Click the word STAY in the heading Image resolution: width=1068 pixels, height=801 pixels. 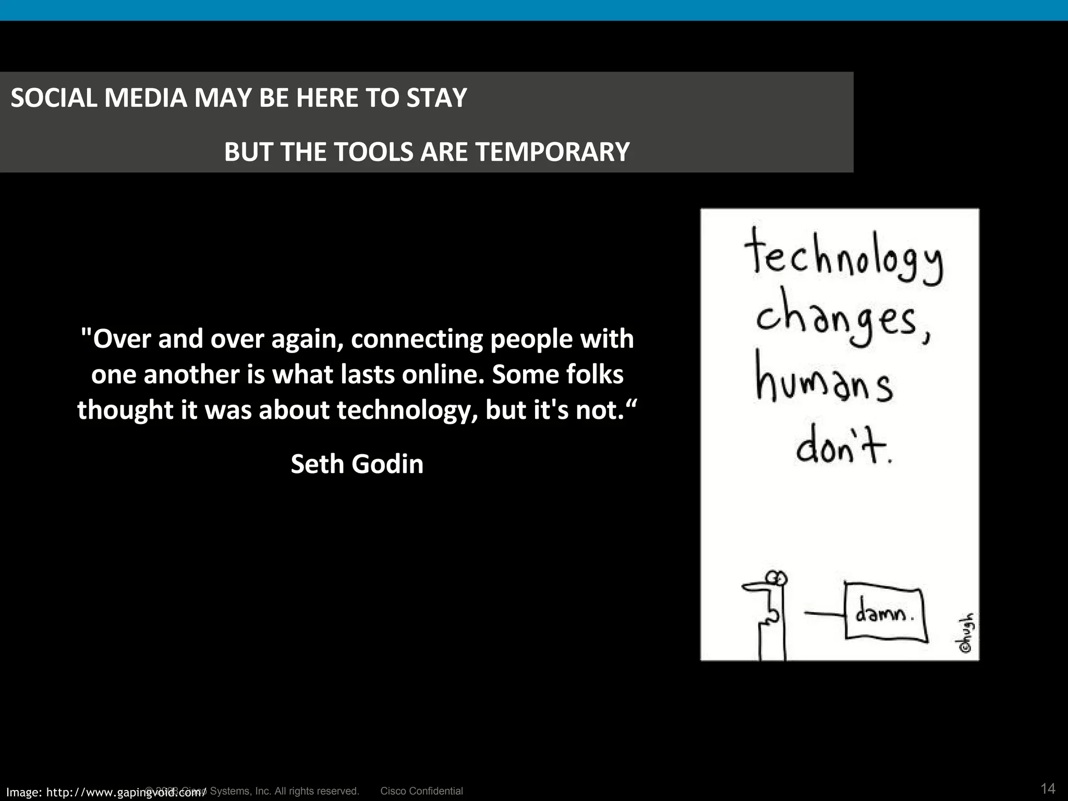[x=436, y=98]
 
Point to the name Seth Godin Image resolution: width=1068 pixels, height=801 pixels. [x=357, y=464]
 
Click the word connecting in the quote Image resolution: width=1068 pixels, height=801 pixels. [x=416, y=339]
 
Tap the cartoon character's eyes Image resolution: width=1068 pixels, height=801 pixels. [x=777, y=577]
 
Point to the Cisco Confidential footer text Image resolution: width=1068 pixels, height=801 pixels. [x=421, y=791]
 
